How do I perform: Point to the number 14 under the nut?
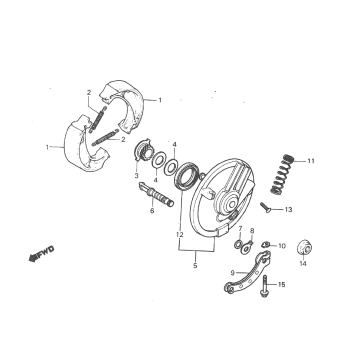click(x=302, y=265)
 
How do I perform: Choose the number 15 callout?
click(x=282, y=285)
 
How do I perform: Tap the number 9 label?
click(x=232, y=271)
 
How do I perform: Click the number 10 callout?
click(x=281, y=246)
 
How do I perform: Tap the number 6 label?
click(x=152, y=212)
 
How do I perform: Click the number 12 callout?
click(x=179, y=235)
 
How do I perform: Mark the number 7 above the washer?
click(x=240, y=229)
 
